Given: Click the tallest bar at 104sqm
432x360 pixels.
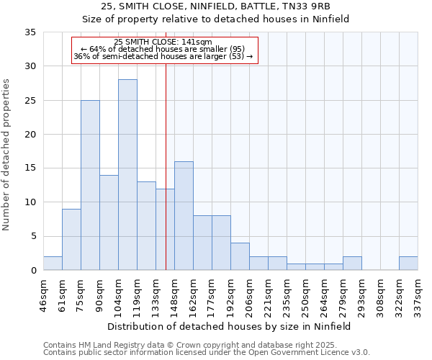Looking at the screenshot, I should (x=127, y=175).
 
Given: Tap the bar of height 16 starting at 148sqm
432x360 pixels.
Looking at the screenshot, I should (x=184, y=216).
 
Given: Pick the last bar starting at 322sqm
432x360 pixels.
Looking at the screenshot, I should (x=408, y=264).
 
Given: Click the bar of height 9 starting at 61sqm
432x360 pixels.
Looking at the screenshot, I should (x=71, y=240).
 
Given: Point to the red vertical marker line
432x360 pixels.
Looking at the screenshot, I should (x=166, y=166).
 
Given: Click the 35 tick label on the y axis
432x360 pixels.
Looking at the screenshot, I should (x=31, y=32).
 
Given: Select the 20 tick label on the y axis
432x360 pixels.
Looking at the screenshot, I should (x=31, y=135).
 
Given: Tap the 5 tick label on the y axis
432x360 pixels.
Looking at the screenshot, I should (x=33, y=236).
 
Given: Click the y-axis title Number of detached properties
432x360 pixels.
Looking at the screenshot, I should (x=6, y=155).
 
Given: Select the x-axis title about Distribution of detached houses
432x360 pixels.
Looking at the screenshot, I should (x=229, y=326).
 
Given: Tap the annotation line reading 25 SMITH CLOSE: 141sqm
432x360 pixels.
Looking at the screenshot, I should (x=163, y=42).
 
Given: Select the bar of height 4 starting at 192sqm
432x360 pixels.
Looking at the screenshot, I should (x=240, y=256).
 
